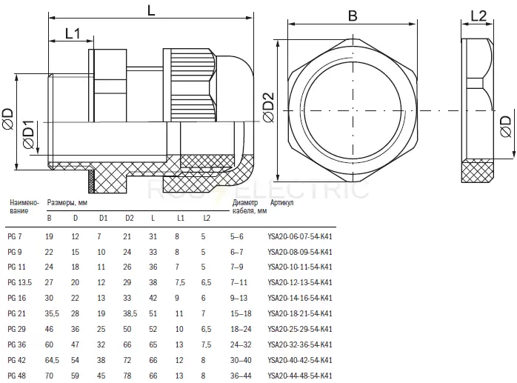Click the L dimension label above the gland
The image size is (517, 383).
pos(151,10)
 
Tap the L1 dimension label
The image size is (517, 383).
pos(73,33)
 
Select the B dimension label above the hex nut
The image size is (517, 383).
pos(353,16)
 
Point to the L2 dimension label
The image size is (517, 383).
pos(478,16)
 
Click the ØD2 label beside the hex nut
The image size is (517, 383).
pos(269,107)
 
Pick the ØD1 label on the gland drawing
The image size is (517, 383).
pos(29,135)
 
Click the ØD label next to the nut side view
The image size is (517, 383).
pos(505,127)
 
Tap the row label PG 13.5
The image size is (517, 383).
pos(19,282)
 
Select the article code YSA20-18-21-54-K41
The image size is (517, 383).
pos(300,313)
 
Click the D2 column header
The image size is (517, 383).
pos(129,218)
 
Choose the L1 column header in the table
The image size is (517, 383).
pos(180,218)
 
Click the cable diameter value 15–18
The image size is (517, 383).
pos(241,313)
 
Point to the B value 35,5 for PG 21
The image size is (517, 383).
pos(52,313)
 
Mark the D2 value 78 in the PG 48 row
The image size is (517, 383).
pos(127,376)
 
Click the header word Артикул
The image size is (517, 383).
pos(281,202)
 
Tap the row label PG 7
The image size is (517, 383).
pos(15,236)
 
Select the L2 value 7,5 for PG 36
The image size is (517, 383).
pos(206,344)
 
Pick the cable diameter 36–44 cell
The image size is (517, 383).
pos(241,376)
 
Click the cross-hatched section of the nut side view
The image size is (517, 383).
pos(478,172)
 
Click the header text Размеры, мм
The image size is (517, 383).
pos(67,202)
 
